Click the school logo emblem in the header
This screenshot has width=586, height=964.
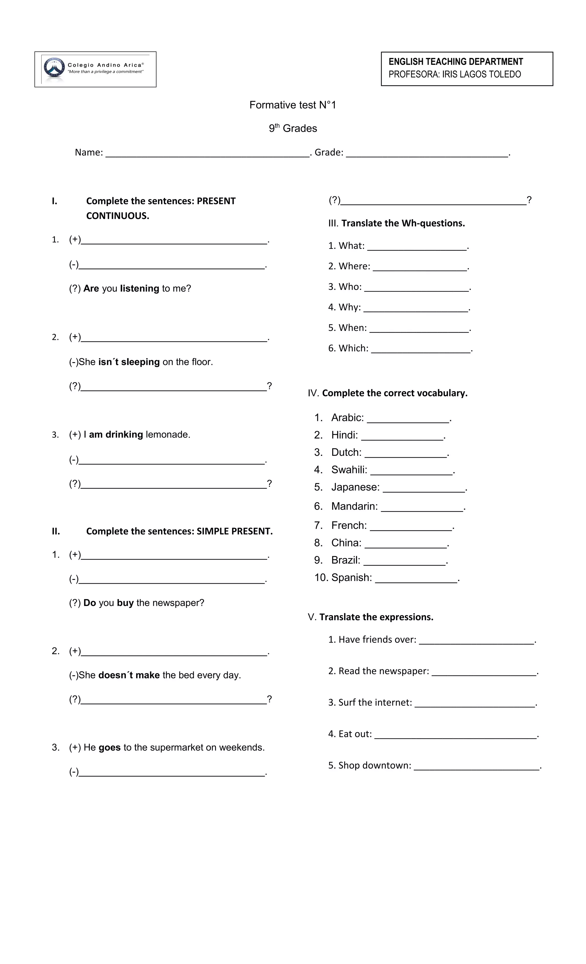click(x=54, y=68)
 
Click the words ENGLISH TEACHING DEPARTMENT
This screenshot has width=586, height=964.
click(x=455, y=62)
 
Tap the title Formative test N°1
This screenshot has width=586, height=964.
click(x=293, y=105)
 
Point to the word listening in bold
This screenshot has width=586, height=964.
click(x=139, y=288)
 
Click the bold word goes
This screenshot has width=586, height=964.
click(x=109, y=748)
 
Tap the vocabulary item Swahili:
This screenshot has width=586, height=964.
click(x=349, y=470)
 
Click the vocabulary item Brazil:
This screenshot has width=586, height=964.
click(x=345, y=560)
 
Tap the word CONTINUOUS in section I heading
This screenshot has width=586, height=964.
click(x=118, y=216)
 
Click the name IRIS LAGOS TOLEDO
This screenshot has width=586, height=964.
click(x=481, y=74)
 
